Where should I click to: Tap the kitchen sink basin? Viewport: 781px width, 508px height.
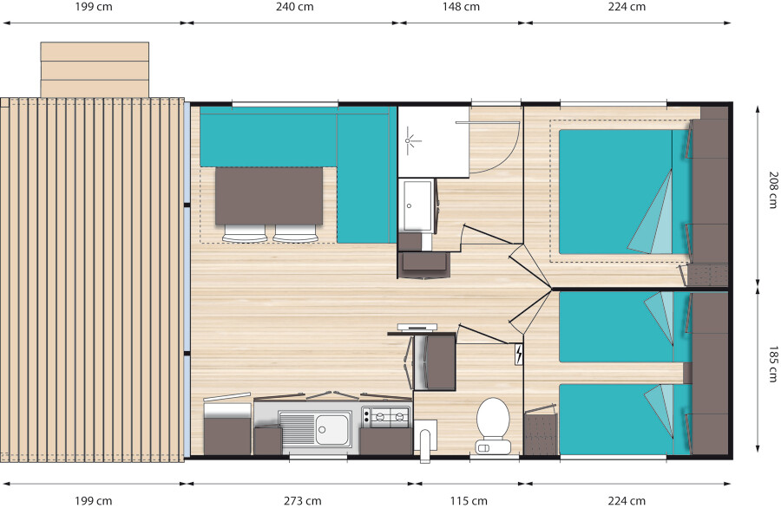click(x=332, y=429)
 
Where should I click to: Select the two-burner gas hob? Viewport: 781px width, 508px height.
click(x=385, y=417)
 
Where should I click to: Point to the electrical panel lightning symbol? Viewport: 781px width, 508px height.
click(x=519, y=355)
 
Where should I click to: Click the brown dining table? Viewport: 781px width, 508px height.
click(x=269, y=196)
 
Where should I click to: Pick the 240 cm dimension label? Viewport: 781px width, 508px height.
click(x=295, y=7)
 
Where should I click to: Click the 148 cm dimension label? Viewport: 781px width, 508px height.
click(x=462, y=7)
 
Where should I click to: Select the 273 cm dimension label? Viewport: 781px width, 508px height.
click(x=302, y=500)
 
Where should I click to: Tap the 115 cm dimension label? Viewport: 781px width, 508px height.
click(x=469, y=500)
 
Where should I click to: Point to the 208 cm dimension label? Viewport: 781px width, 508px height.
click(x=773, y=190)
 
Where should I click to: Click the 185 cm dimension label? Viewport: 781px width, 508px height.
click(x=773, y=364)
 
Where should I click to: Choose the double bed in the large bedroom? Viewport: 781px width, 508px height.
click(x=626, y=192)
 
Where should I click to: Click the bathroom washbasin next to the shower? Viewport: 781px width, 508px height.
click(x=417, y=205)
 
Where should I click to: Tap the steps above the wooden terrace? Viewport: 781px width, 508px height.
click(x=95, y=69)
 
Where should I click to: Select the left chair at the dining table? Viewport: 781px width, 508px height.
click(x=245, y=233)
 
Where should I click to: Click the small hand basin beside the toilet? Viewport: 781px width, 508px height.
click(x=425, y=441)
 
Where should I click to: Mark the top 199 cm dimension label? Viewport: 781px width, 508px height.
click(x=94, y=7)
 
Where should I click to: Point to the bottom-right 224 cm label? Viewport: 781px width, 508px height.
click(x=627, y=500)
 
